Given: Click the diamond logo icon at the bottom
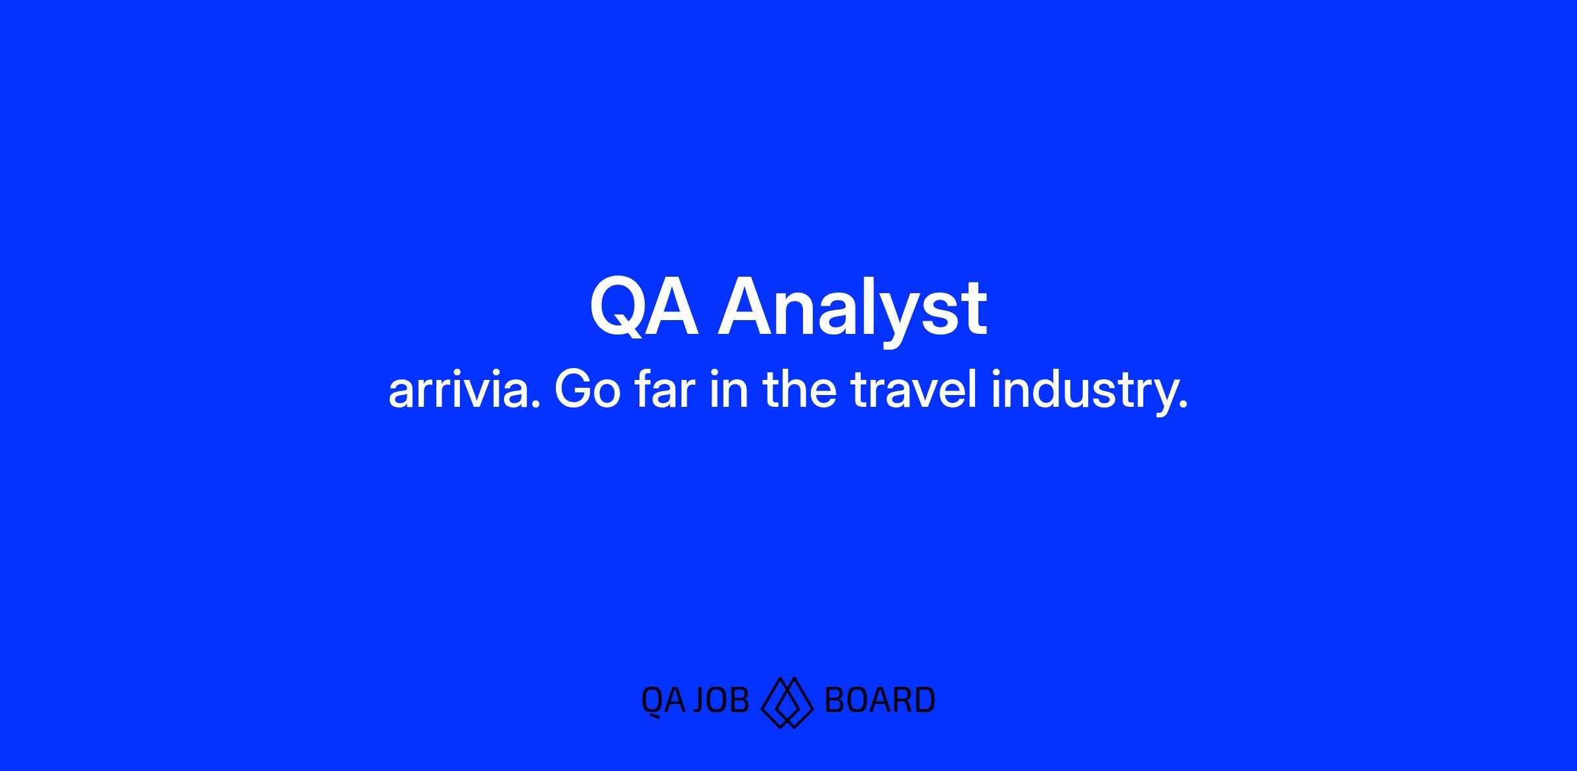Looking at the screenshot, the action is [x=787, y=702].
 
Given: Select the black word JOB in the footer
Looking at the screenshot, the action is [x=721, y=700].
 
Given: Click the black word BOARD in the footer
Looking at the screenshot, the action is [x=879, y=700].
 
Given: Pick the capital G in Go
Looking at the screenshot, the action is [x=573, y=390].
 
